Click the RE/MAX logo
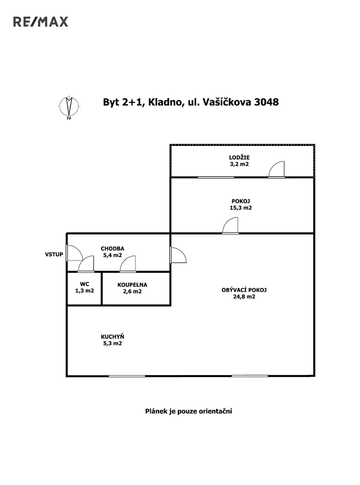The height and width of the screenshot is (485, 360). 41,22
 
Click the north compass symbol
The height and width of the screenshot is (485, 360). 69,107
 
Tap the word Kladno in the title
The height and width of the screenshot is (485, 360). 164,102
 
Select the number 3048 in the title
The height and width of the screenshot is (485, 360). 266,102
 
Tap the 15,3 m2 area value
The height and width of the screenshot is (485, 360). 241,208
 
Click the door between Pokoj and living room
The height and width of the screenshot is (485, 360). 231,226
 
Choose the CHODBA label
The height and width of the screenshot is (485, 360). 112,249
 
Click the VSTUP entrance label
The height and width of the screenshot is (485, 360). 54,255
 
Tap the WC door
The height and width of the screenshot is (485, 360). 86,265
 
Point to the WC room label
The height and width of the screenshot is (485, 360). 84,284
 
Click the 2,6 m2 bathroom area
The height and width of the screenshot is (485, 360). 132,291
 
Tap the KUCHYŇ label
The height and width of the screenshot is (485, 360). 112,337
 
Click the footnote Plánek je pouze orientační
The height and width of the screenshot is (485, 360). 188,411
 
